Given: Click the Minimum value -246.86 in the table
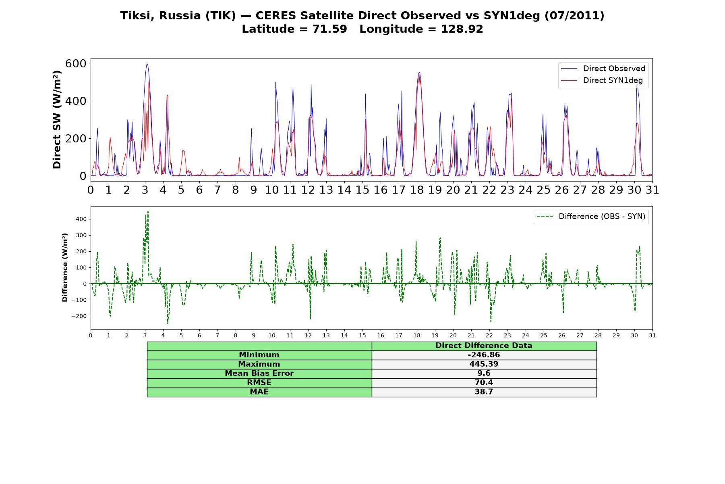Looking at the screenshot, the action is tap(484, 355).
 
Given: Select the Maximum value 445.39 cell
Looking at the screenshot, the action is tap(484, 364).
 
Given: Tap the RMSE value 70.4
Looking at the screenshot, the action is tap(484, 383).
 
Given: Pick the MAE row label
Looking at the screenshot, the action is tap(259, 392).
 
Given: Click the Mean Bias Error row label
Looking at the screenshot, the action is tap(259, 373).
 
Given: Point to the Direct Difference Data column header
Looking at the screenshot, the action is tap(484, 346).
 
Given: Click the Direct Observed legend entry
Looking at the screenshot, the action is tap(603, 69).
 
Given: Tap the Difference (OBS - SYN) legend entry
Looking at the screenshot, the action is tap(591, 217).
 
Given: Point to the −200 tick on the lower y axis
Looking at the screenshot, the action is tap(79, 316).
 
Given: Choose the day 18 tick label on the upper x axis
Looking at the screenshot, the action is tap(417, 190).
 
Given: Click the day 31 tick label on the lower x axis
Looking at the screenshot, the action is tap(652, 335).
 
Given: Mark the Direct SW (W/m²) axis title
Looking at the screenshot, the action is tap(57, 119).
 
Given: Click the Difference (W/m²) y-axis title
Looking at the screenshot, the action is tap(65, 267).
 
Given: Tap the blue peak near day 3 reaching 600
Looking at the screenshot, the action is tap(147, 64).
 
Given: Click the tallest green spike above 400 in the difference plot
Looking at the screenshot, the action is tap(148, 211).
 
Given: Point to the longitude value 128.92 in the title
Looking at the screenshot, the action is tap(462, 29).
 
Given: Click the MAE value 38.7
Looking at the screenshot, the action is tap(484, 392).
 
